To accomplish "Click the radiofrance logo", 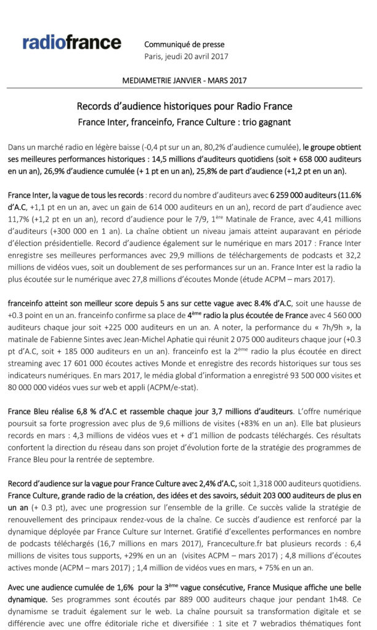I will [x=71, y=42].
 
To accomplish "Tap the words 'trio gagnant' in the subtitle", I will [x=266, y=122].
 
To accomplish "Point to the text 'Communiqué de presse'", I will [x=184, y=44].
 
